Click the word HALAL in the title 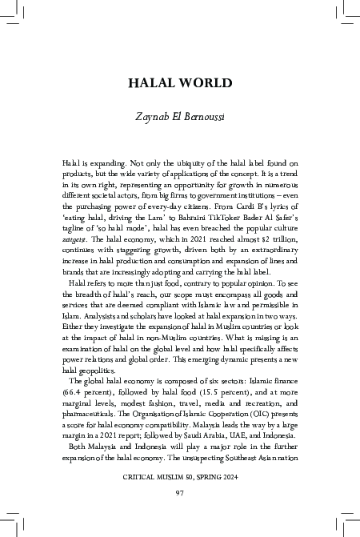[x=154, y=84]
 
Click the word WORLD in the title [x=206, y=84]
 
